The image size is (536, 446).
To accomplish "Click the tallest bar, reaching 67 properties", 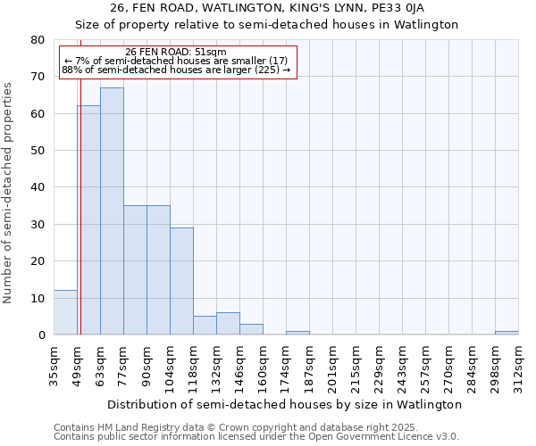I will tap(112, 211).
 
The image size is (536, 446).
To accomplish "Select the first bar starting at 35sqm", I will tap(65, 312).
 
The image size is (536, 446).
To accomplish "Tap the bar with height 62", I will tap(88, 220).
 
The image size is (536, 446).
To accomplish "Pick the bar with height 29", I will tap(181, 281).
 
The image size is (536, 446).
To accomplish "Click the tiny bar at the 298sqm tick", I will tap(507, 333).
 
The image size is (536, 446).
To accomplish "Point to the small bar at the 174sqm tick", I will tap(297, 333).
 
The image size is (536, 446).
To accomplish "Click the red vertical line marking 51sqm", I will tap(80, 196).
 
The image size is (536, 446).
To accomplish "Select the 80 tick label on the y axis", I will tap(38, 40).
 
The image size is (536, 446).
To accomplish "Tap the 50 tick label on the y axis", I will tap(38, 151).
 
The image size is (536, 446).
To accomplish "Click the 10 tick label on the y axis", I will tap(38, 298).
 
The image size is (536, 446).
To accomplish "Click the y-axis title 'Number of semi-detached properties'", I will tap(8, 193).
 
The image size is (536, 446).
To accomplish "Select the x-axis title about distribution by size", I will tap(285, 404).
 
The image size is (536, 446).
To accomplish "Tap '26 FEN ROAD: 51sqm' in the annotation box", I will tap(176, 52).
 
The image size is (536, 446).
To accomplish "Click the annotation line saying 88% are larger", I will tap(176, 70).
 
